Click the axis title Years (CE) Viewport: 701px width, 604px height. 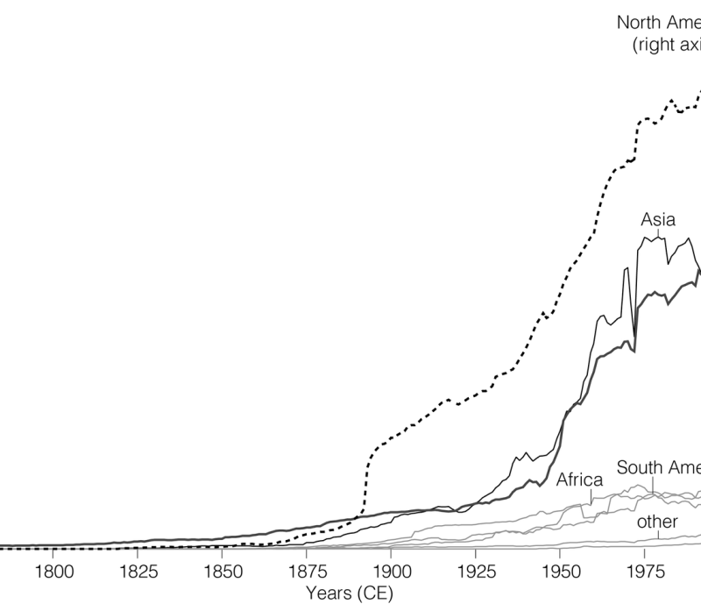[349, 593]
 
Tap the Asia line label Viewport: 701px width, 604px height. [658, 219]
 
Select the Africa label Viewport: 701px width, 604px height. [579, 480]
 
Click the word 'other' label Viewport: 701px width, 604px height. [657, 522]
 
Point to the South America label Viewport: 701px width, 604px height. [658, 467]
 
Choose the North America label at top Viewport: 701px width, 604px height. [658, 22]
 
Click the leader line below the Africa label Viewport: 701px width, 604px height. [591, 496]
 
